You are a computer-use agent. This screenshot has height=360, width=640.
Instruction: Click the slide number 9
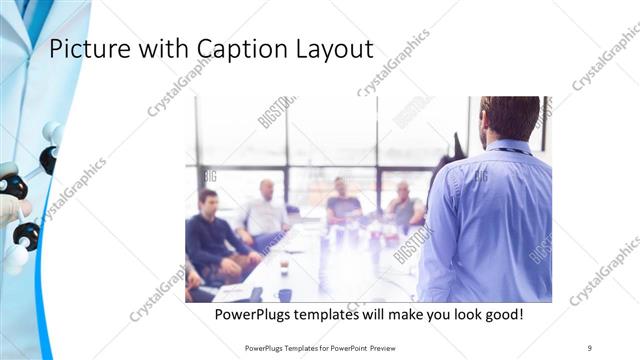590,347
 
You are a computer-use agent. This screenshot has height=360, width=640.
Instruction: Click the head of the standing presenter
511,118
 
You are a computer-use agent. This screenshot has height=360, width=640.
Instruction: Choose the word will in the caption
376,314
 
